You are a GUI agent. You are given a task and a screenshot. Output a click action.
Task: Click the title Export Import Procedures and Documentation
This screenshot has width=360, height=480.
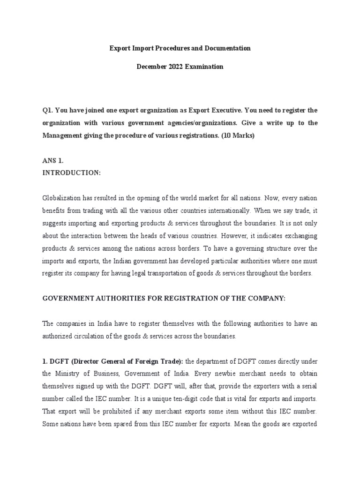[180, 48]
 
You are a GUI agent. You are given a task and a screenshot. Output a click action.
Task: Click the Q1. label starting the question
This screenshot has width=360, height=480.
[48, 111]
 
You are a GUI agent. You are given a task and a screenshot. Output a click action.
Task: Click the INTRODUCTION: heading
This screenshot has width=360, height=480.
[71, 172]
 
